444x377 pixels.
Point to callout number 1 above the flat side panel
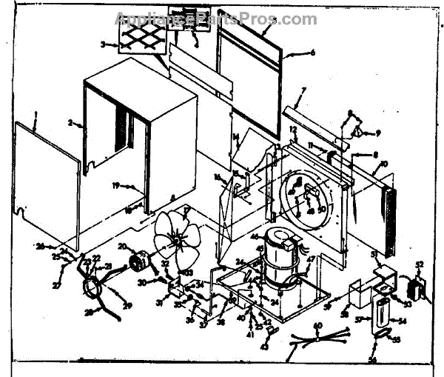(x=36, y=113)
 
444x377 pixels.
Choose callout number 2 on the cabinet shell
(x=70, y=121)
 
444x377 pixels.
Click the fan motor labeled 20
(x=138, y=260)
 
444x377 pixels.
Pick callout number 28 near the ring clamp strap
(x=90, y=313)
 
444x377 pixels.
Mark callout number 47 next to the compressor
(x=312, y=258)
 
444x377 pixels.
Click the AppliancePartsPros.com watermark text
(x=215, y=18)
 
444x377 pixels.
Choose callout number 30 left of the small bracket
(x=159, y=281)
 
